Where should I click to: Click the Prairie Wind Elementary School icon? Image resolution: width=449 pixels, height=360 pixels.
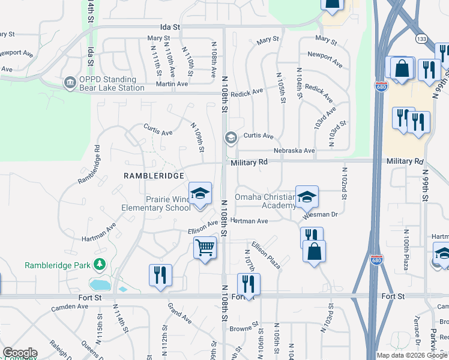(200, 194)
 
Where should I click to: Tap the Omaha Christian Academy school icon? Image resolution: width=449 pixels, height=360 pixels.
(307, 197)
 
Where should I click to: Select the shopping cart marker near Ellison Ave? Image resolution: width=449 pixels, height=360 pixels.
(205, 247)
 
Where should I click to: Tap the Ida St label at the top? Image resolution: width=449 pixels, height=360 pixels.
(170, 27)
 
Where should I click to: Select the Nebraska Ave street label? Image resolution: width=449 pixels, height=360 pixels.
(294, 151)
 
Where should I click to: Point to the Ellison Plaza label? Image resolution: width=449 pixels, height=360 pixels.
(267, 254)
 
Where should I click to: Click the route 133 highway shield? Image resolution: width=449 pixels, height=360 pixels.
(423, 39)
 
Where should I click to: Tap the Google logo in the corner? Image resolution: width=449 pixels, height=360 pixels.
(20, 352)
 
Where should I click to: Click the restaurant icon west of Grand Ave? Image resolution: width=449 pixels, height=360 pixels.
(160, 275)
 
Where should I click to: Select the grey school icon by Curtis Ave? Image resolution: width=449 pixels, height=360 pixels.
(231, 138)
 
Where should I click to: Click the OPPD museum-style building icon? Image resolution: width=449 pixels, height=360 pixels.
(70, 81)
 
